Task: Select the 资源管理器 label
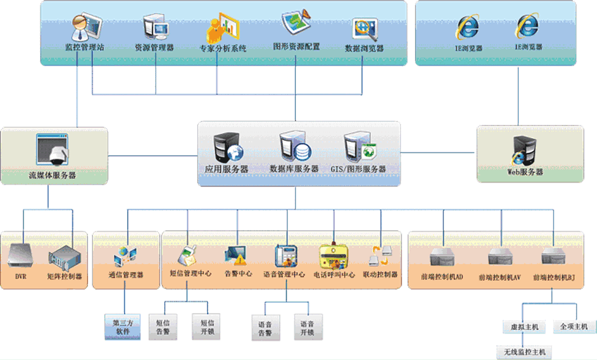point(154,47)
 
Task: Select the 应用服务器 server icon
point(227,147)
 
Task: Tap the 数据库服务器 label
point(294,169)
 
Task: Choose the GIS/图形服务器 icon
point(359,147)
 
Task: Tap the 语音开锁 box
point(307,328)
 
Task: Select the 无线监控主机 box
point(525,352)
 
